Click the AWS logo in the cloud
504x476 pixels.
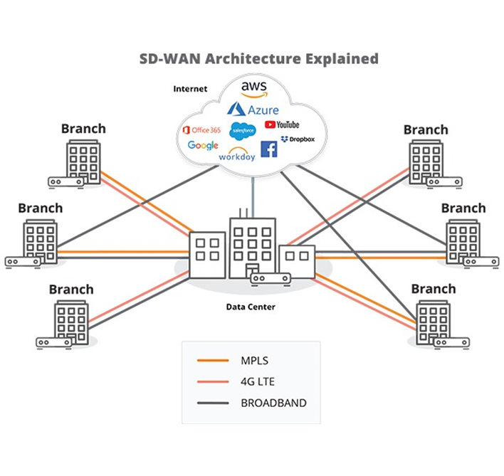pos(253,88)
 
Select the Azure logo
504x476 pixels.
pos(253,109)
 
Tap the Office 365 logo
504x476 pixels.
pos(201,129)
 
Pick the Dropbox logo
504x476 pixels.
pos(298,139)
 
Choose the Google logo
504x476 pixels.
pos(203,145)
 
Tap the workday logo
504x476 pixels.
pos(237,154)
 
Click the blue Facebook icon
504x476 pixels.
pos(269,149)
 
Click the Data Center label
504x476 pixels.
pos(251,307)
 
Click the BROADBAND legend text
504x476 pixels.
pos(273,403)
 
